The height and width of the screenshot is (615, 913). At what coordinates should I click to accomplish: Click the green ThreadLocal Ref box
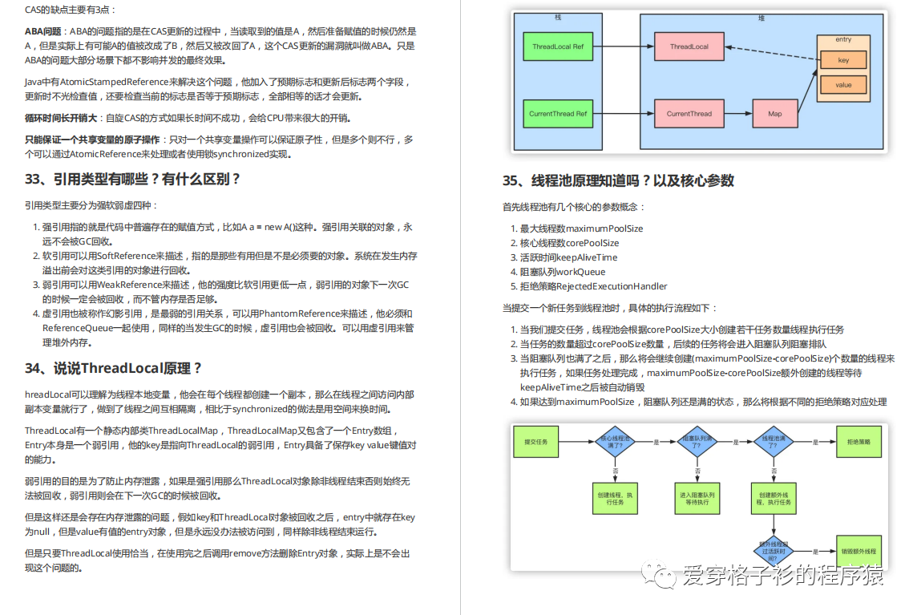point(558,47)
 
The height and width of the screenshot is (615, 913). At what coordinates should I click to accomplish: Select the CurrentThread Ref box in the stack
point(558,114)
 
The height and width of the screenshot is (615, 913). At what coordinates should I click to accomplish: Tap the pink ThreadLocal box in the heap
point(689,47)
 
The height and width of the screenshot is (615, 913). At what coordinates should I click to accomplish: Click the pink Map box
point(774,114)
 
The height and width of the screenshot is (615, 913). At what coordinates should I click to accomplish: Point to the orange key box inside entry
point(843,60)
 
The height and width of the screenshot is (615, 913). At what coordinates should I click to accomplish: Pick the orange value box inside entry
point(843,85)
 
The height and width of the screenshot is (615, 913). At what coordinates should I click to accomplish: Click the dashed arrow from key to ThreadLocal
point(770,53)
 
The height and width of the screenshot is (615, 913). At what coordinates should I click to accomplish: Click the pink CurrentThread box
point(689,114)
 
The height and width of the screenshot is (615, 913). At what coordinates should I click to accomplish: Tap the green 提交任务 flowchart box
point(535,442)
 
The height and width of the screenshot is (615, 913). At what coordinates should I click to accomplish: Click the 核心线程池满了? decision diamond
point(615,442)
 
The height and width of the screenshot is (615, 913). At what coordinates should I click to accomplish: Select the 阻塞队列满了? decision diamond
point(694,442)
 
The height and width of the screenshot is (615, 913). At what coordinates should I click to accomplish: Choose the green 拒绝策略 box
point(858,442)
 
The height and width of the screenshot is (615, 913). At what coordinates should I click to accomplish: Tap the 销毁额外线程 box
point(858,552)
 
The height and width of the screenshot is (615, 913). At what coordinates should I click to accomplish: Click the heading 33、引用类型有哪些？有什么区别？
point(132,179)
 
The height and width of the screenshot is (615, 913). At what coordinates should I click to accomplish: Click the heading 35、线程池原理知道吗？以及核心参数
point(618,180)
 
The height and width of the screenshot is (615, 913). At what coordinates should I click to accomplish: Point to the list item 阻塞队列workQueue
point(562,272)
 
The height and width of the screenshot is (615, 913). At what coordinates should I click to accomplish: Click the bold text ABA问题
point(42,31)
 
